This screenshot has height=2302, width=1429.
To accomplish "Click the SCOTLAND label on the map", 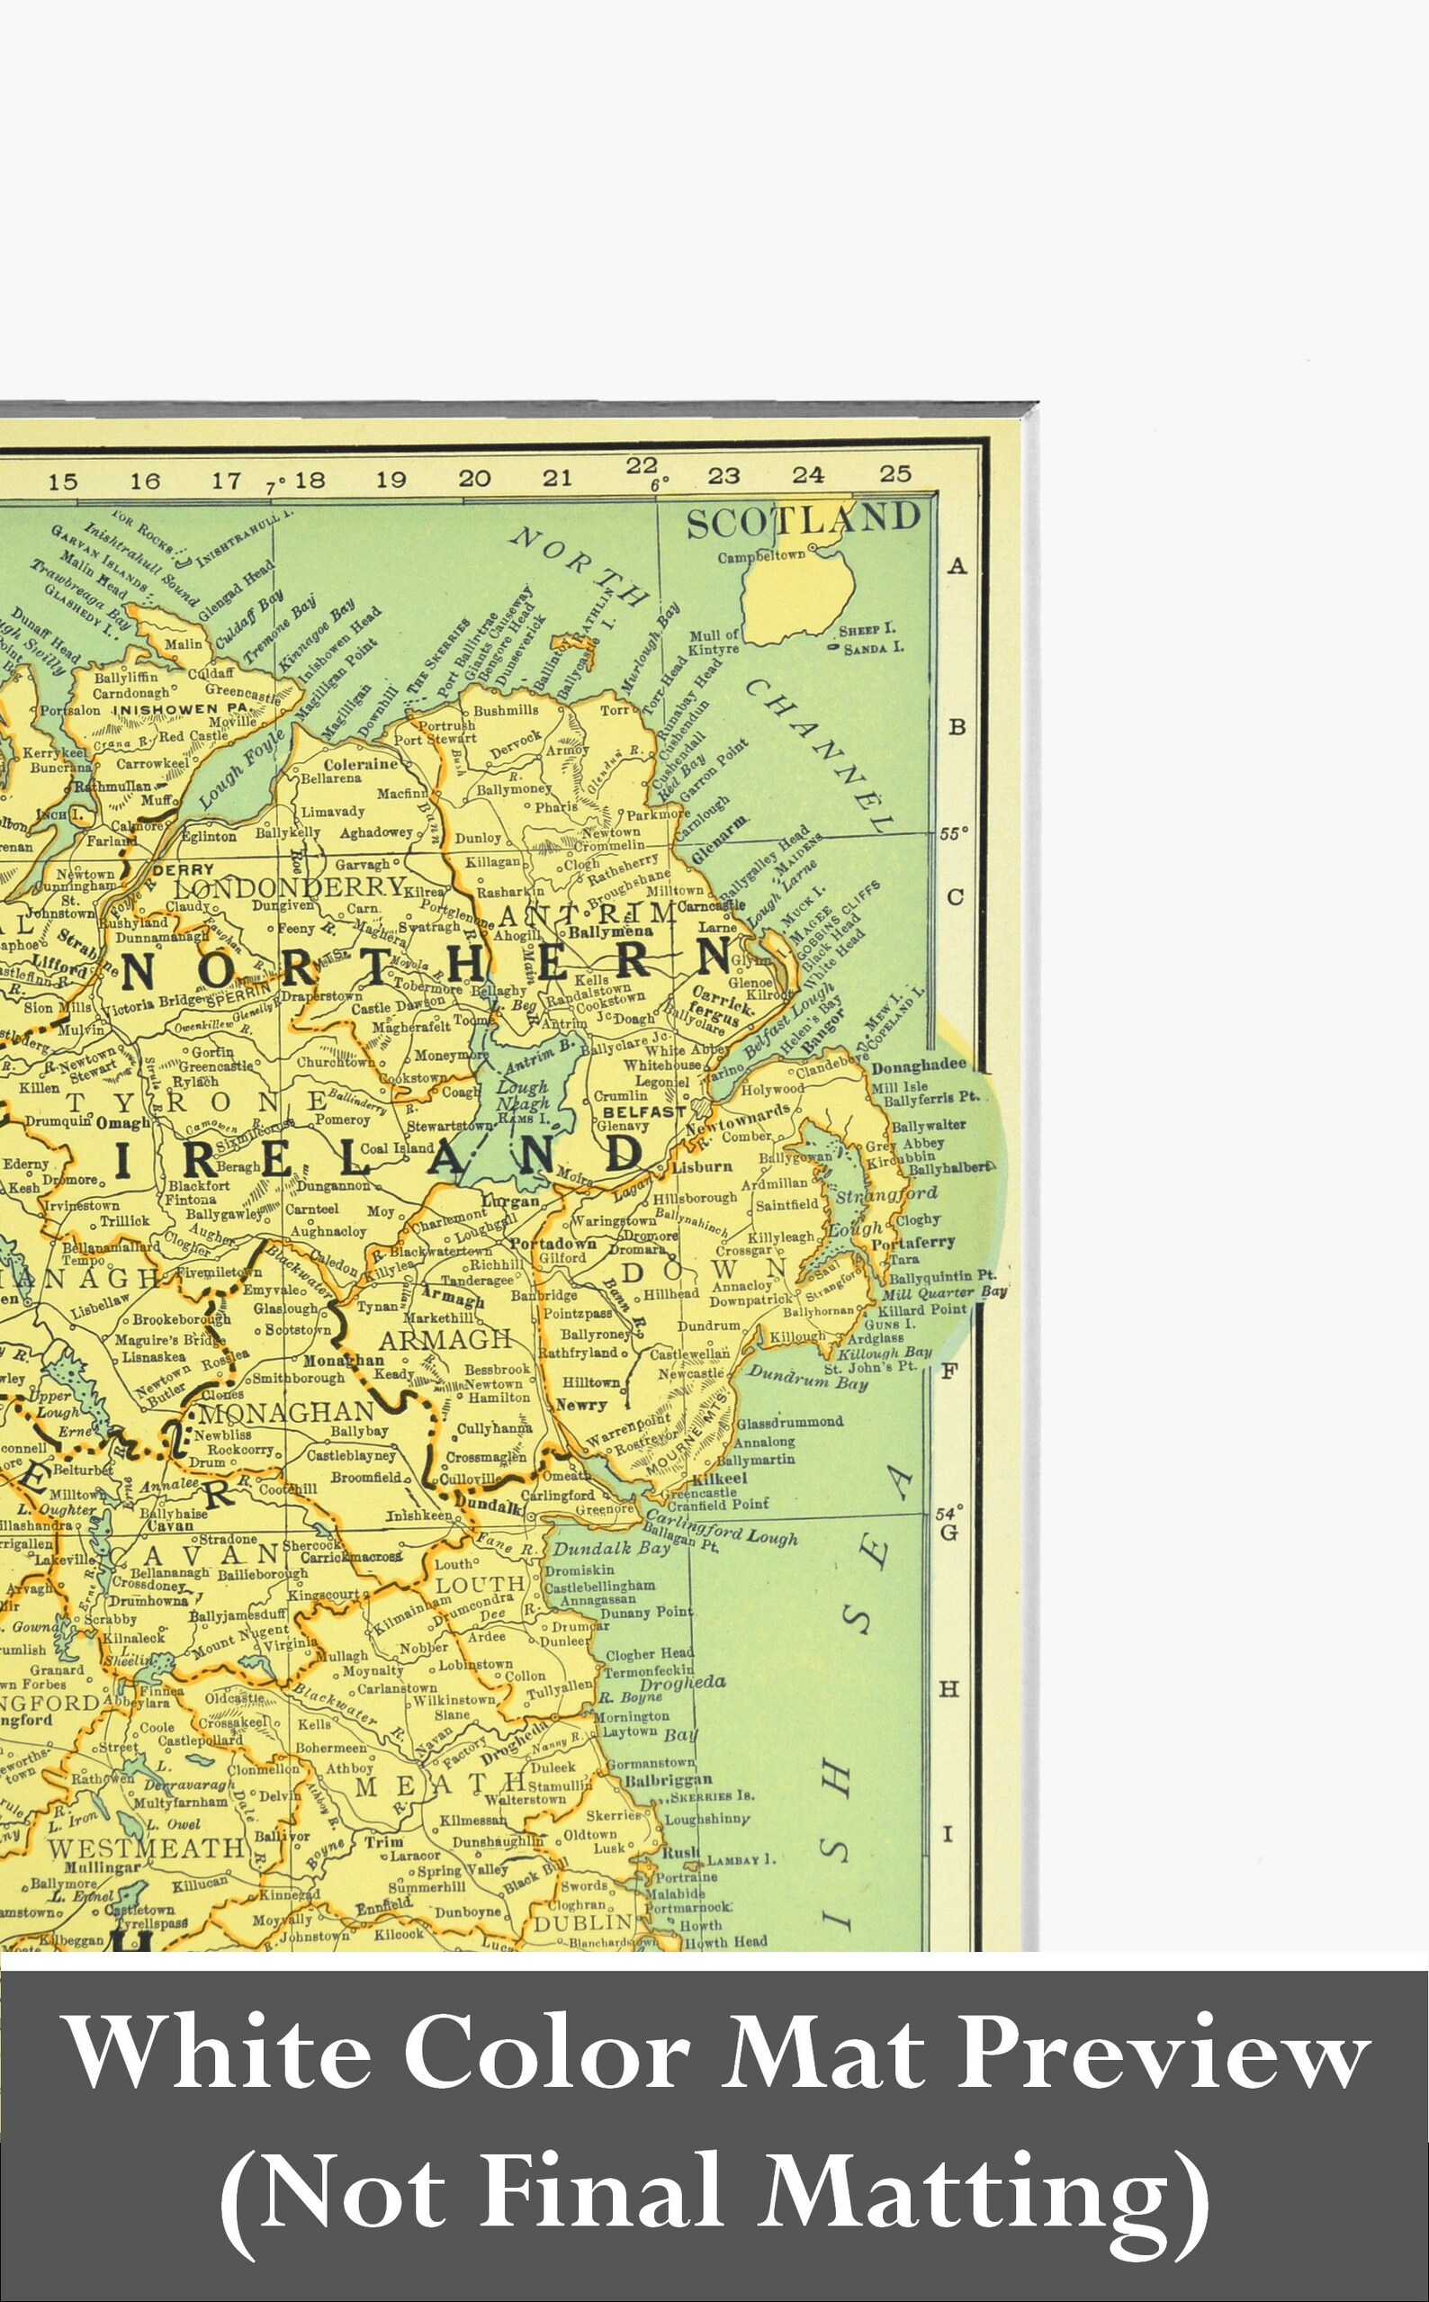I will (x=803, y=521).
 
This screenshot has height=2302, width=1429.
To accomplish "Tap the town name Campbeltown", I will (x=760, y=556).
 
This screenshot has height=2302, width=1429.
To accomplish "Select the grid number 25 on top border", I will (x=894, y=473).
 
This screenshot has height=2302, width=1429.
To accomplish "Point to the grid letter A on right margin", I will (x=957, y=566).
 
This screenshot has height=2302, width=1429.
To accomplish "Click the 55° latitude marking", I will (x=954, y=834).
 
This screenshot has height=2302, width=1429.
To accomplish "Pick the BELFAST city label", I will (x=643, y=1111).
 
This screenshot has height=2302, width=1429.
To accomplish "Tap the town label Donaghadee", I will (x=919, y=1065).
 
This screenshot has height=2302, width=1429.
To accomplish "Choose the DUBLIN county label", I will (x=582, y=1923).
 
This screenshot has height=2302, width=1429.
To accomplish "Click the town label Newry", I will (x=581, y=1405).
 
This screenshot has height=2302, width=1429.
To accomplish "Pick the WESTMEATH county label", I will (x=146, y=1848).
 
